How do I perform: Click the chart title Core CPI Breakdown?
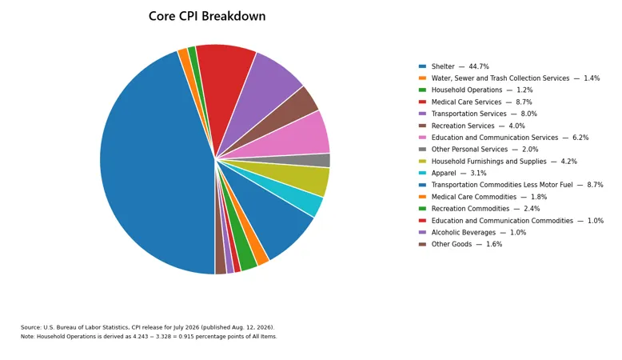point(207,16)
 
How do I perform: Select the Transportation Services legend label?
point(468,114)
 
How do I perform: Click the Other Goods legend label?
point(452,244)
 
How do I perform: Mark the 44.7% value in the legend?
point(479,66)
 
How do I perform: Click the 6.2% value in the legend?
point(580,138)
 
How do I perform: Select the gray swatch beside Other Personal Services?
point(422,150)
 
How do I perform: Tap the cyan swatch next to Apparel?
point(422,173)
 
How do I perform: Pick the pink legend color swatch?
point(422,138)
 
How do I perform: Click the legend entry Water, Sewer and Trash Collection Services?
point(500,78)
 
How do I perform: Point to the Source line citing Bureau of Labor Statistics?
point(148,327)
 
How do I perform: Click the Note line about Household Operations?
point(149,337)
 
